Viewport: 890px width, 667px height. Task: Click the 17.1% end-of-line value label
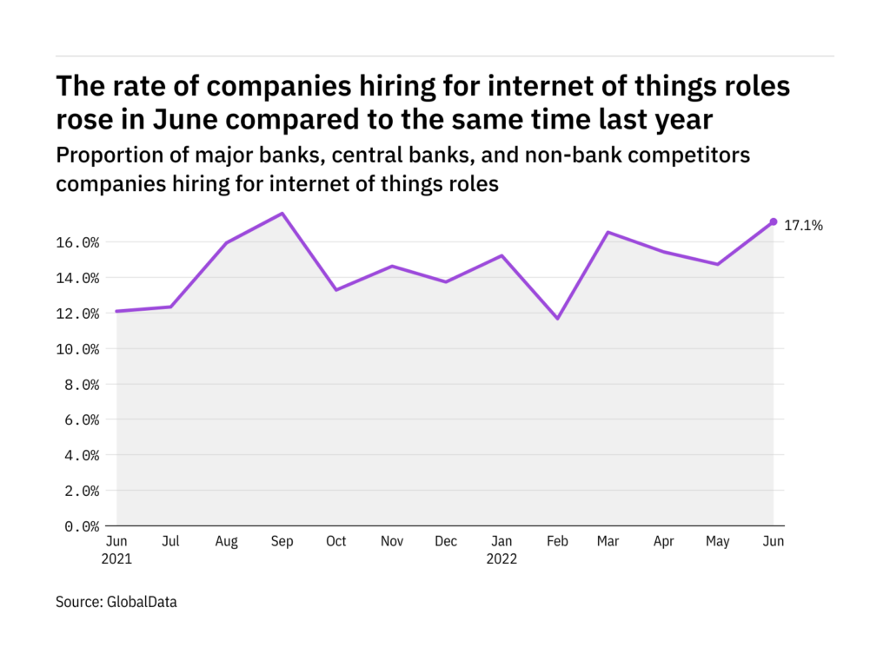coord(804,225)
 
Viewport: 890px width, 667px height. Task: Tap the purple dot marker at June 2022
coord(774,221)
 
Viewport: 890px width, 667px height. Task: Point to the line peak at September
coord(282,213)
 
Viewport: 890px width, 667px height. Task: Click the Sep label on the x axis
coord(282,541)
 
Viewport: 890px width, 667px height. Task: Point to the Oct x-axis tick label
coord(335,541)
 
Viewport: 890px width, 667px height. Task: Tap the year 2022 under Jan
coord(501,558)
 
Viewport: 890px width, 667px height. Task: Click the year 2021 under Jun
coord(117,558)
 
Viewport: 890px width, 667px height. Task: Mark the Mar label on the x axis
coord(609,541)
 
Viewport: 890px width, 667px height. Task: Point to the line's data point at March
coord(609,232)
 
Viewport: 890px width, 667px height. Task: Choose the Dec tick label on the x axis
coord(446,541)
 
